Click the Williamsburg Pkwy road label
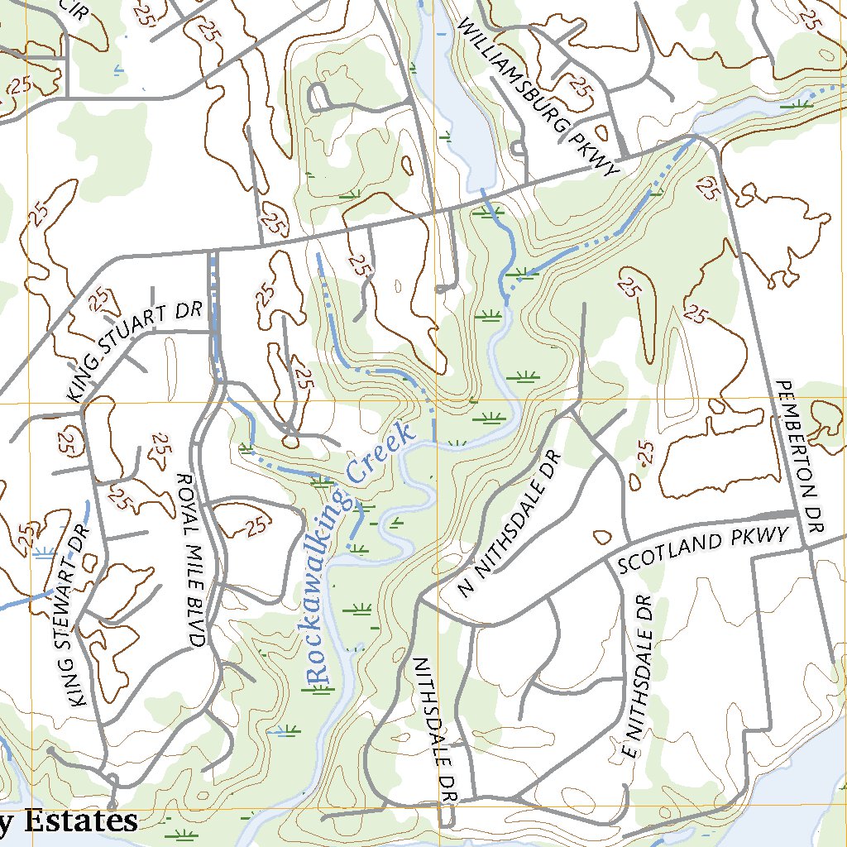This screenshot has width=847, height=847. point(538,94)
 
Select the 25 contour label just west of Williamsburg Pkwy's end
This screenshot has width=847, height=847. point(584,86)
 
